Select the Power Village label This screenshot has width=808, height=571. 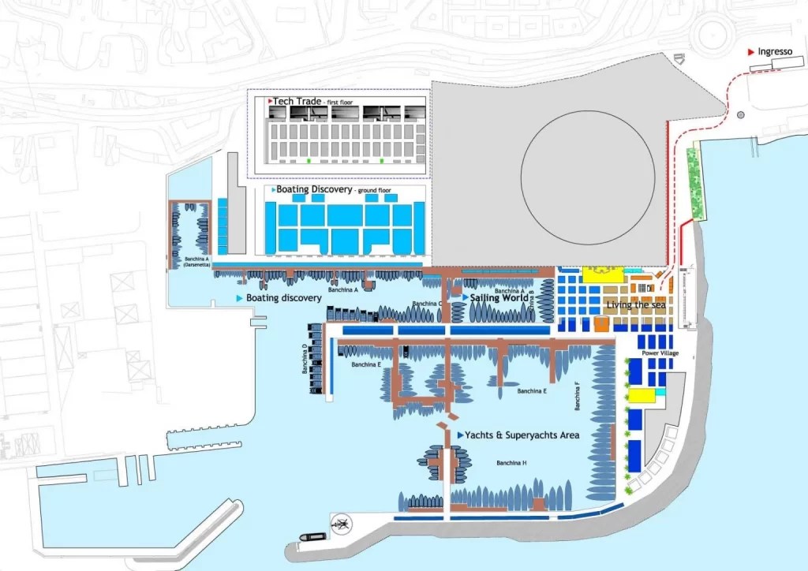click(660, 353)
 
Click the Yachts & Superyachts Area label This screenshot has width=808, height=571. click(522, 435)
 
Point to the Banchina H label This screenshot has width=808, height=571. click(511, 463)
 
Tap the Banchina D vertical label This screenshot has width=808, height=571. click(305, 359)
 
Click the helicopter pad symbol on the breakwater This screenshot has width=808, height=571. click(342, 521)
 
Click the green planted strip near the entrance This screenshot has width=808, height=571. click(695, 183)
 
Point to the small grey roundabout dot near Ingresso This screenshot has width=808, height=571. click(740, 115)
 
